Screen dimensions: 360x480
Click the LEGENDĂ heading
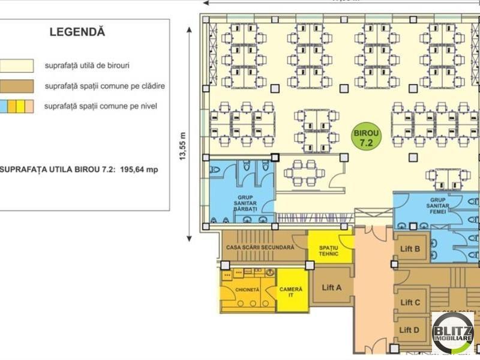tap(77, 31)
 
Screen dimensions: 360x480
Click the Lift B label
tap(409, 248)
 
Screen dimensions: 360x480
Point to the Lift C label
tap(409, 302)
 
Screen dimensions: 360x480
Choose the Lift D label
tap(409, 329)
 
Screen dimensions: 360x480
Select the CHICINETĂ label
tap(247, 289)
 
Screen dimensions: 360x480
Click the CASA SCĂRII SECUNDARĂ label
tap(260, 247)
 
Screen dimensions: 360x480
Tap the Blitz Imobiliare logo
tap(453, 332)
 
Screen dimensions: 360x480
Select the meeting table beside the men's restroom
tap(301, 172)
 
